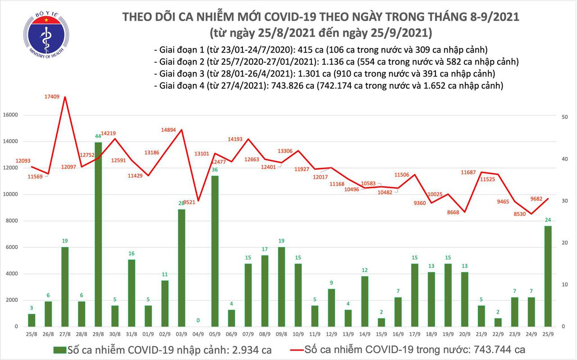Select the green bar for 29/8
coord(98,234)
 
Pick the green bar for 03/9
coord(181,268)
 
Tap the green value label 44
coord(98,136)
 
